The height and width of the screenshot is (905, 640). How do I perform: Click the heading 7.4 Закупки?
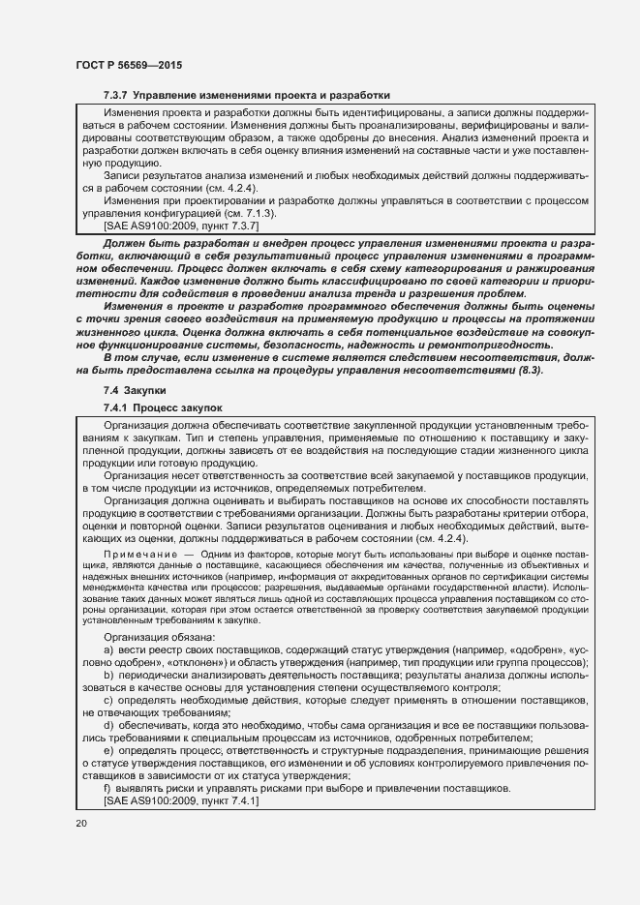tap(134, 390)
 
